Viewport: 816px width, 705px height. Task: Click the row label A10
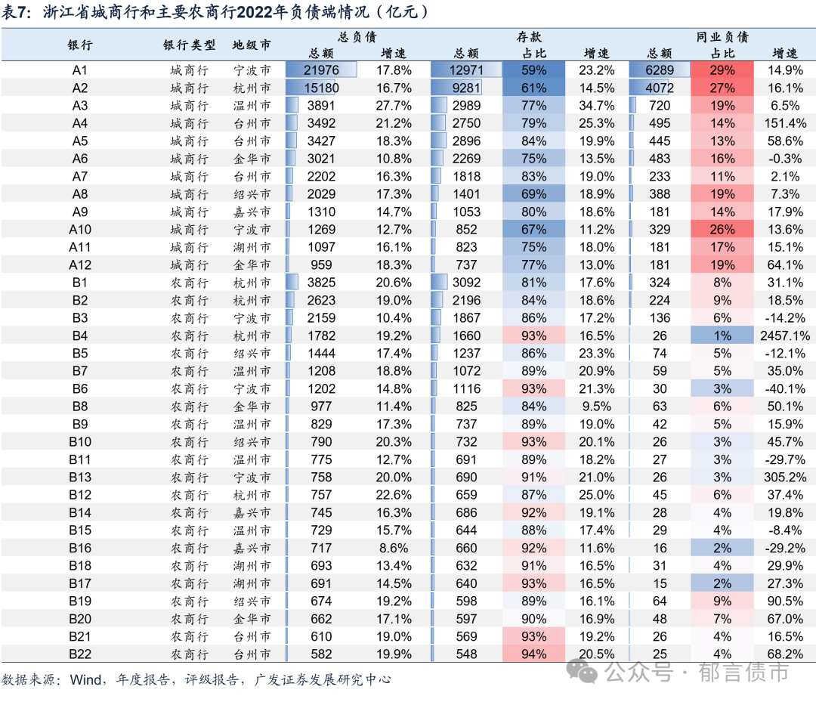click(80, 230)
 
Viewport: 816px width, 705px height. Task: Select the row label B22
click(80, 654)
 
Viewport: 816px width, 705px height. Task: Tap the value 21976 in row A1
click(320, 70)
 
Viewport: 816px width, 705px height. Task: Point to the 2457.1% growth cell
click(785, 335)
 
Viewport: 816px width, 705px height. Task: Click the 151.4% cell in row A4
click(785, 123)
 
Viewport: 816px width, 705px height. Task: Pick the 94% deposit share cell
click(533, 654)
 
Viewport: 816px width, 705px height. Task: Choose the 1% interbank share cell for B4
click(722, 335)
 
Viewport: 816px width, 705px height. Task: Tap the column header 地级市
click(252, 45)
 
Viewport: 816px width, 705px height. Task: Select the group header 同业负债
click(722, 37)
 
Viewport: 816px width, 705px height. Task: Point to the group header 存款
click(529, 37)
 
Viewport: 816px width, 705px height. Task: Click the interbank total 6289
click(659, 70)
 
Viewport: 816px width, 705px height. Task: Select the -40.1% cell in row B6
click(785, 388)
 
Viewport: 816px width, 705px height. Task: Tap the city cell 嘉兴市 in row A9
click(252, 212)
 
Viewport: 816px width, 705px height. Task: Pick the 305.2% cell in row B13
click(785, 477)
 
